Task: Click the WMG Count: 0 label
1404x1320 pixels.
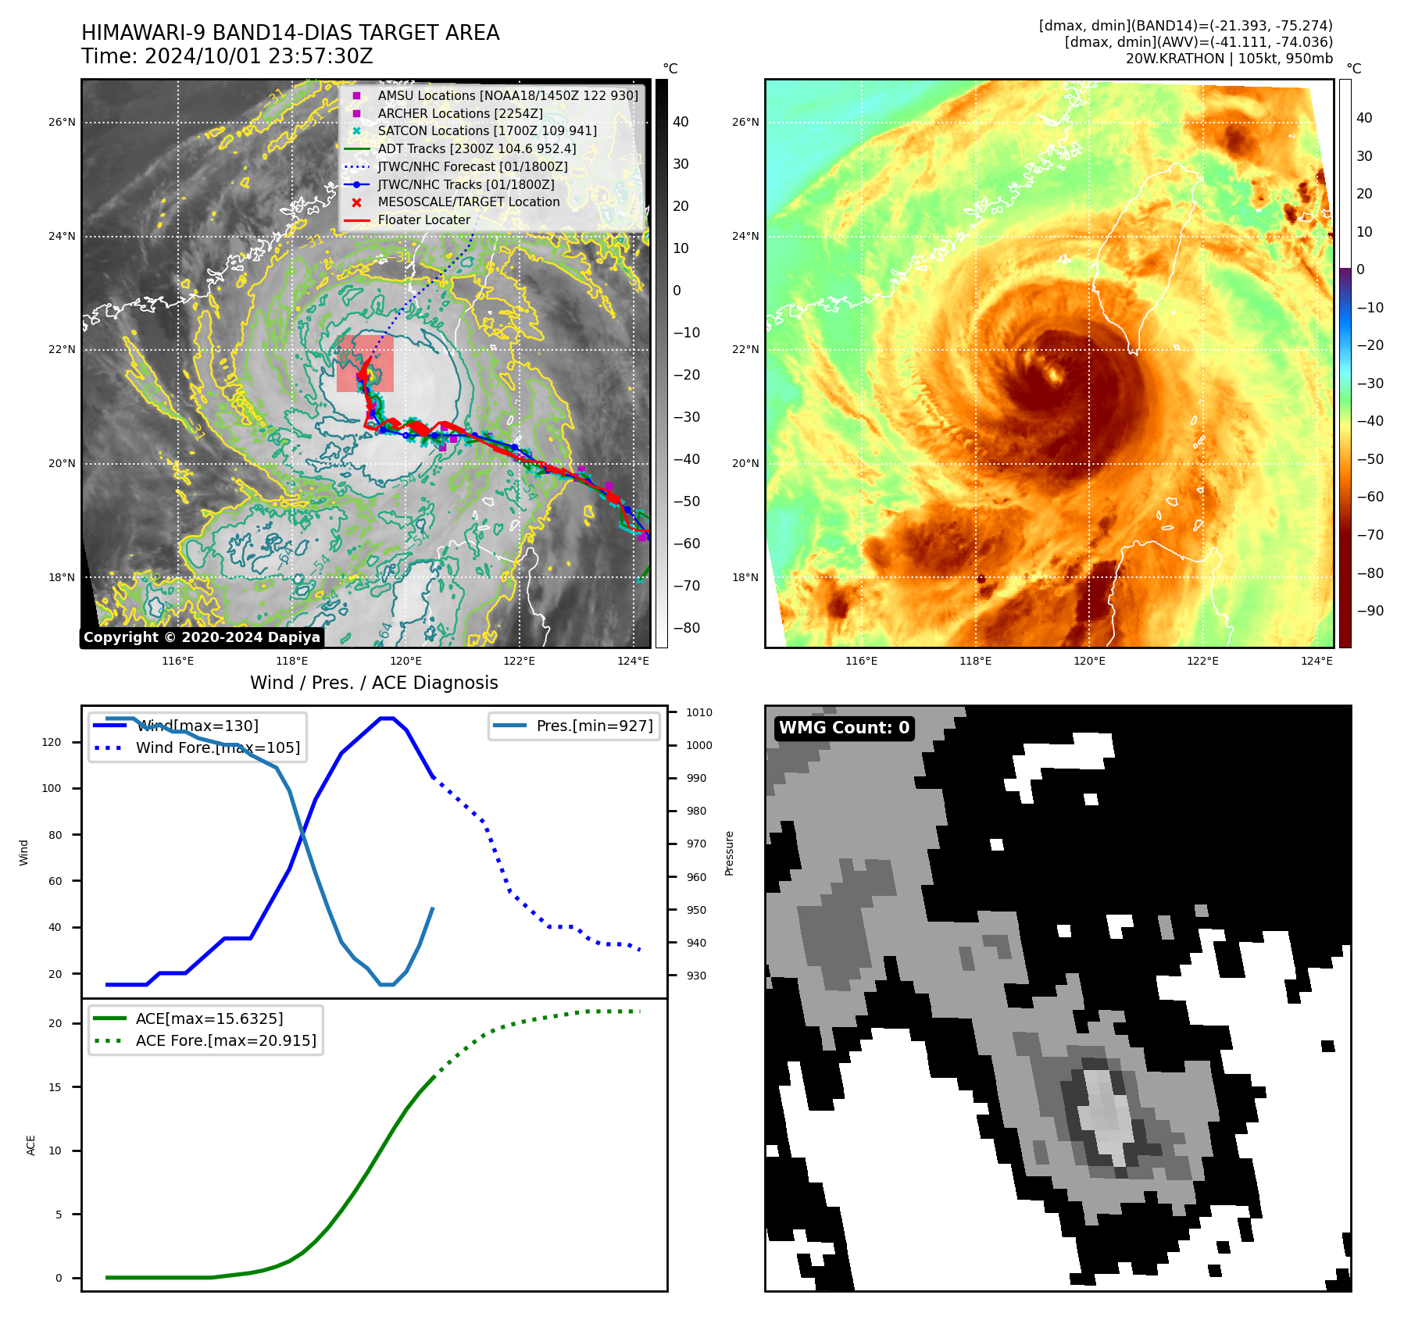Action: (844, 728)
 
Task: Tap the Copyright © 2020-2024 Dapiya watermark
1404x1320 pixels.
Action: (202, 637)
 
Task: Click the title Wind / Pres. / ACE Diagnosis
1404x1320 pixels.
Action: (373, 683)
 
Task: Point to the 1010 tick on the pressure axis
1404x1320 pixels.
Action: (699, 712)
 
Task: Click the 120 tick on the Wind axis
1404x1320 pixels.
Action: (52, 742)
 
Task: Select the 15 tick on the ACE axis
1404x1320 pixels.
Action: (55, 1087)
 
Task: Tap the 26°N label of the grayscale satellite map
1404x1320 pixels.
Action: (63, 123)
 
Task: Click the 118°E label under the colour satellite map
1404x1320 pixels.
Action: (975, 662)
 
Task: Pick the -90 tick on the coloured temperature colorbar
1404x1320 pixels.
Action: (1370, 611)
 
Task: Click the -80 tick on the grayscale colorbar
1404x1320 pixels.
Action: (687, 628)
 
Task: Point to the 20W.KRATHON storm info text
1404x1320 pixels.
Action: (1229, 59)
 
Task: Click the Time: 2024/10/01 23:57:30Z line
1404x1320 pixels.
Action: (227, 57)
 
